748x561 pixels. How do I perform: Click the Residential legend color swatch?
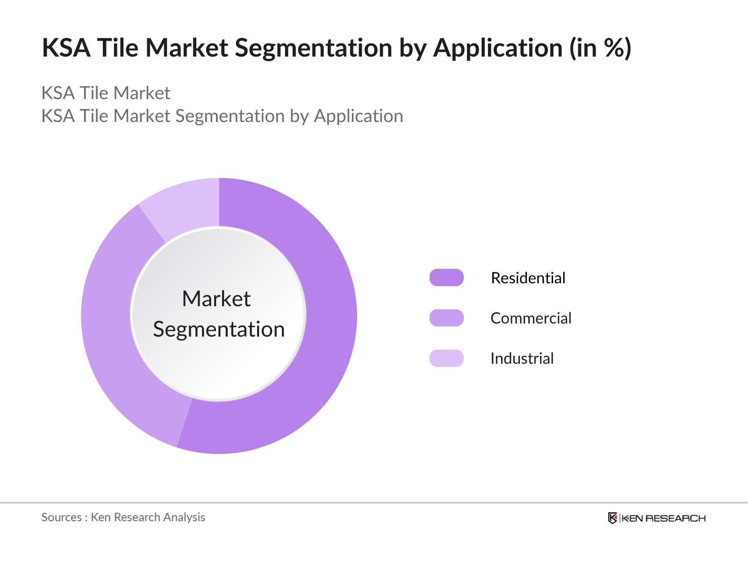446,277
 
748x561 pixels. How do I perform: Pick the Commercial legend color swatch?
446,318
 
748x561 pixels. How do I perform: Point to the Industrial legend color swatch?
446,358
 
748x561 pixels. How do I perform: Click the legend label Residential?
528,278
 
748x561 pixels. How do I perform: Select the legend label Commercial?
531,318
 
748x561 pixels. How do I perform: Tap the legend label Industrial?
522,358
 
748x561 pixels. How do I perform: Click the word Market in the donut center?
216,299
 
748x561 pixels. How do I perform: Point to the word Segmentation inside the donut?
219,330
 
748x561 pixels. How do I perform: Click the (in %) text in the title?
600,47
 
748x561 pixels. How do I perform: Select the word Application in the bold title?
498,48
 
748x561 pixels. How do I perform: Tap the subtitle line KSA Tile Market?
106,93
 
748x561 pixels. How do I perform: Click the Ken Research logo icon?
612,518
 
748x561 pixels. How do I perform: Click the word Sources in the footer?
61,517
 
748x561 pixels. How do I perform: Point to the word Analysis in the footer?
184,517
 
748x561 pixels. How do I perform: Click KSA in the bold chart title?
66,47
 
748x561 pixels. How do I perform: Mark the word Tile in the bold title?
117,47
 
